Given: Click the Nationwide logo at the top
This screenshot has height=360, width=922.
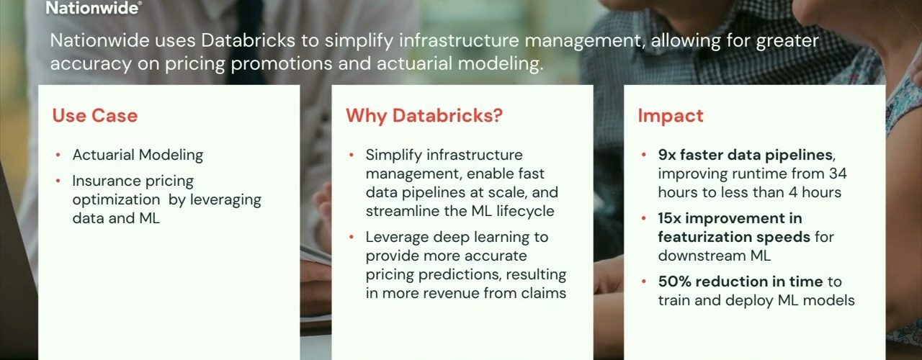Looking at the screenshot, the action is click(94, 8).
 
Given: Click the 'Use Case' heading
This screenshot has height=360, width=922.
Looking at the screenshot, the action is click(94, 116).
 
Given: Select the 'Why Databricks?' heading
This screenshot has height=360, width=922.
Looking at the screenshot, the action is click(424, 116).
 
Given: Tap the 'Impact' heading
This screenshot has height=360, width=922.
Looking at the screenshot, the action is click(671, 116).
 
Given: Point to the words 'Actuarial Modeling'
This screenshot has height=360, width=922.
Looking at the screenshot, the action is click(138, 155).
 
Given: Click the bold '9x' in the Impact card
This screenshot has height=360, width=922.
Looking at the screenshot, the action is click(667, 155).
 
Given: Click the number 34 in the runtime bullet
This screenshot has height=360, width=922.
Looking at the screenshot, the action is click(838, 174).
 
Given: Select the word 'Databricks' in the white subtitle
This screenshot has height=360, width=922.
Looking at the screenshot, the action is click(249, 40).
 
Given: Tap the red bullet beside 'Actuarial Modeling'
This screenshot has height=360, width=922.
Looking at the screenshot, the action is click(58, 155).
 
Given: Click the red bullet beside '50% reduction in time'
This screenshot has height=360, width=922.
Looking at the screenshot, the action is click(644, 282).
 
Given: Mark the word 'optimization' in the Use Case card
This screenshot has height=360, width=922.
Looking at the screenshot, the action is click(116, 200).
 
